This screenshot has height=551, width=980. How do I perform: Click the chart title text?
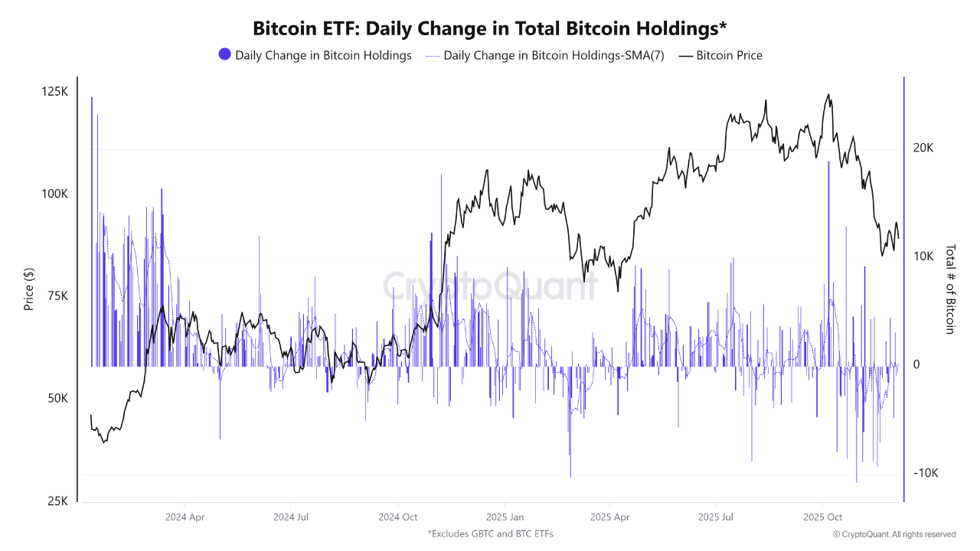490,28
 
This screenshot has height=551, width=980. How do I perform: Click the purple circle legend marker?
224,54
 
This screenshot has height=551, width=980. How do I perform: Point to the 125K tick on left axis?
54,92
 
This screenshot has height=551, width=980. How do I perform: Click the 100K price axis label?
54,194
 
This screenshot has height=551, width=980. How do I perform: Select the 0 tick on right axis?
916,365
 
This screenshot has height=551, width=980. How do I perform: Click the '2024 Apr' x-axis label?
185,517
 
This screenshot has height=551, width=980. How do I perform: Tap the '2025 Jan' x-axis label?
505,517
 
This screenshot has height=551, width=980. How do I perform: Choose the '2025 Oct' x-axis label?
823,517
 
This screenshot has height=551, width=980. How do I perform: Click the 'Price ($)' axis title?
29,289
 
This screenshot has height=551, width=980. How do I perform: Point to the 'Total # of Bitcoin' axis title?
950,289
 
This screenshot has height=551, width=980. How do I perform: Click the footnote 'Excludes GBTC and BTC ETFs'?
490,533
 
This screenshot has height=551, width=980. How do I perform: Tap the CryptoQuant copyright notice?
893,534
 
